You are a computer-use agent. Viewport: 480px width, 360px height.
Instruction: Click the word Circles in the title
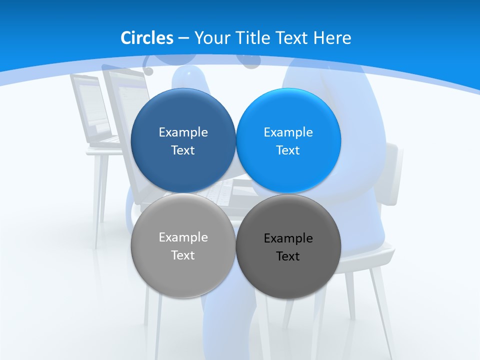(x=147, y=38)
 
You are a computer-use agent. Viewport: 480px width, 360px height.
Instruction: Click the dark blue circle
(x=183, y=115)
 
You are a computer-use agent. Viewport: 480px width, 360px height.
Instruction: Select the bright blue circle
(x=288, y=115)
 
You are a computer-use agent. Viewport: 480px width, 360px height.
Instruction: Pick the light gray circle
(x=183, y=270)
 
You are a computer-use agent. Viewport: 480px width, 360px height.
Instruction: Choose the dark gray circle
(x=288, y=272)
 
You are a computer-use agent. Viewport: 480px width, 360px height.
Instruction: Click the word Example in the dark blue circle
(x=183, y=132)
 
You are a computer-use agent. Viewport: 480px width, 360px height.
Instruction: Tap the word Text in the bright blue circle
(x=288, y=150)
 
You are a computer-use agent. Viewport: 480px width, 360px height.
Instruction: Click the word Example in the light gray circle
(x=183, y=237)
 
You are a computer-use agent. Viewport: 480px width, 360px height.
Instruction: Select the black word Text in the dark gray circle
(x=288, y=256)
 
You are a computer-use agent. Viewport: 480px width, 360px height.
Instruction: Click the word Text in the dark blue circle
(x=183, y=150)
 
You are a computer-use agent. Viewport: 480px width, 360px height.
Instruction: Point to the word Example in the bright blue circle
(x=288, y=132)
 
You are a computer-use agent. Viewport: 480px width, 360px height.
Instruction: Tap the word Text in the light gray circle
(x=183, y=255)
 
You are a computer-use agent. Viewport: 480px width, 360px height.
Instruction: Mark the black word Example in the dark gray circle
(x=288, y=238)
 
